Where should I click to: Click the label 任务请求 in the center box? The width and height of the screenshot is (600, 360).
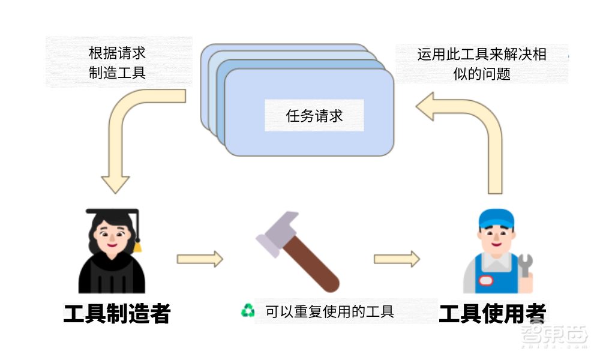pyautogui.click(x=314, y=116)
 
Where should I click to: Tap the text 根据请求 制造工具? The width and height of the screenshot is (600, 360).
pyautogui.click(x=118, y=62)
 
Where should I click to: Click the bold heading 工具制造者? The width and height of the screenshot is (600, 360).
pyautogui.click(x=118, y=313)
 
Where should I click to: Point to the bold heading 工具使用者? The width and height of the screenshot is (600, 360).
pyautogui.click(x=493, y=313)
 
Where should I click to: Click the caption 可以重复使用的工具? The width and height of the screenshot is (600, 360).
pyautogui.click(x=329, y=311)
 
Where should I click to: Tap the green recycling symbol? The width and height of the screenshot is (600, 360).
pyautogui.click(x=248, y=310)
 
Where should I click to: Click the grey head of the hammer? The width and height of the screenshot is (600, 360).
pyautogui.click(x=276, y=230)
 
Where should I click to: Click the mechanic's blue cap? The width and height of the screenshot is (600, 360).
pyautogui.click(x=496, y=219)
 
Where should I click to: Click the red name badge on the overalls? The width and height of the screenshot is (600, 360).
pyautogui.click(x=485, y=280)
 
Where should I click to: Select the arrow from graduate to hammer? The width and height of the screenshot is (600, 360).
pyautogui.click(x=200, y=259)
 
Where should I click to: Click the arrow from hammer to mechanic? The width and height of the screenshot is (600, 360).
pyautogui.click(x=397, y=259)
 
